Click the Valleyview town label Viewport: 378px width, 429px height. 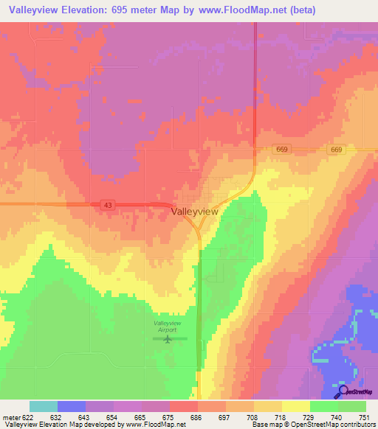click(x=194, y=211)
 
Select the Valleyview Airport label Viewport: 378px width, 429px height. click(x=167, y=327)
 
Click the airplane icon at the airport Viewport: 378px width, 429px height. click(x=170, y=340)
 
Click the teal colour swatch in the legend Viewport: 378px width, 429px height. click(x=43, y=406)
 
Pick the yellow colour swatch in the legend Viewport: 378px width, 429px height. click(x=295, y=406)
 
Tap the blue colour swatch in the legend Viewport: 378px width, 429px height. click(x=71, y=406)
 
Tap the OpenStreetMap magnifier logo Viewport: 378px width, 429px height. click(x=343, y=391)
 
